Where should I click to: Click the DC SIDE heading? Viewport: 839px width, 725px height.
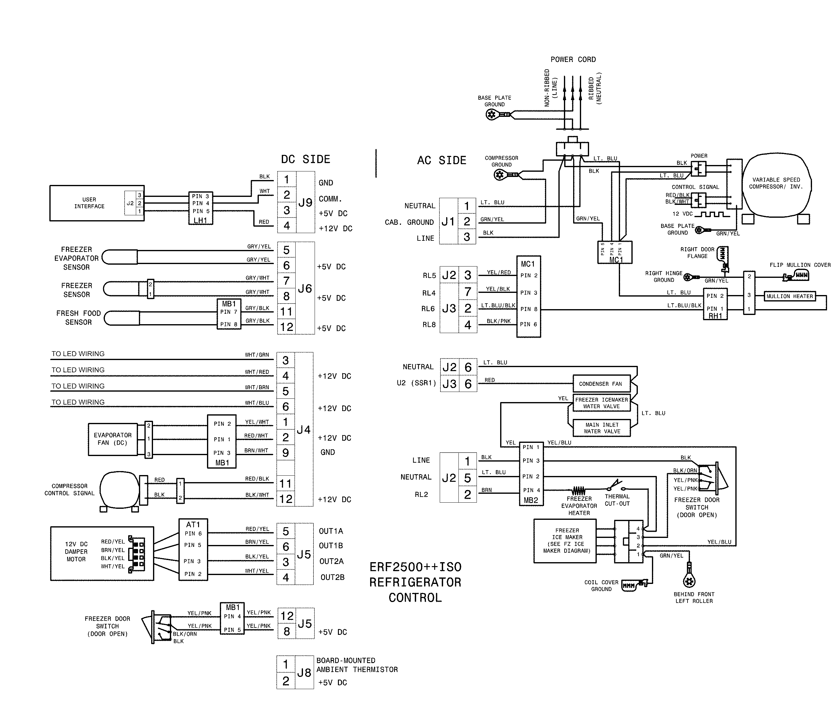[x=306, y=159]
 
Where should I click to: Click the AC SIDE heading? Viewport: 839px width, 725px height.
[x=442, y=160]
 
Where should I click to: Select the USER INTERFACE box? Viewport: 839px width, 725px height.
[x=89, y=203]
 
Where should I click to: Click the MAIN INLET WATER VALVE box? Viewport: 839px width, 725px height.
[x=602, y=428]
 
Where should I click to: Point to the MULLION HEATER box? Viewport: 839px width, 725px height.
[x=789, y=296]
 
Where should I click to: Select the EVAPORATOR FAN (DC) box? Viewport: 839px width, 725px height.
[x=113, y=439]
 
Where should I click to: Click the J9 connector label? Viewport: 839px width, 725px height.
[x=305, y=202]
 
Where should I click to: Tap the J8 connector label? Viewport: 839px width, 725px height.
[x=304, y=673]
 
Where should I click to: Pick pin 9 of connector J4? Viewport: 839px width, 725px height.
[x=285, y=453]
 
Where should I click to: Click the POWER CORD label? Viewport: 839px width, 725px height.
[x=573, y=59]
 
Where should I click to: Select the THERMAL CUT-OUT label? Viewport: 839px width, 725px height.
[x=617, y=500]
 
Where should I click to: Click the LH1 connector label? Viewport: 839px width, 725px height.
[x=201, y=221]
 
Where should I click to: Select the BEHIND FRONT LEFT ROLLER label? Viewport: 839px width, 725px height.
[x=694, y=597]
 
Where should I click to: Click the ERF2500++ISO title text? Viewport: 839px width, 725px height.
[x=416, y=567]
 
